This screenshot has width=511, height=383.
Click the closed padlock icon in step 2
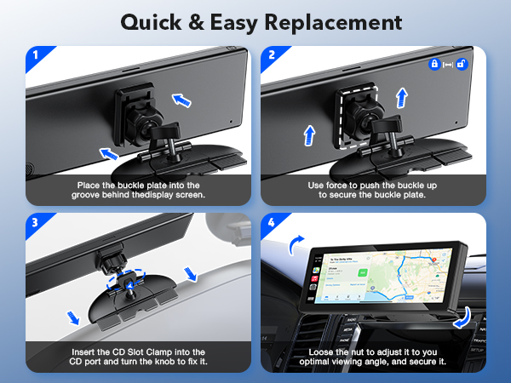(x=434, y=64)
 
